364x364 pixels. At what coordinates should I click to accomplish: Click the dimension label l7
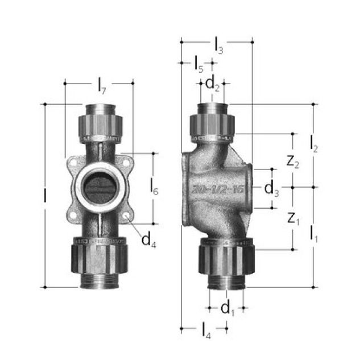(x=102, y=88)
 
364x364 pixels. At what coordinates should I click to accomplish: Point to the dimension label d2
(x=212, y=85)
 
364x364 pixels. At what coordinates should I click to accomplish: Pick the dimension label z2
(x=292, y=161)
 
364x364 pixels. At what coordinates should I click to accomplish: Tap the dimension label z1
(x=292, y=218)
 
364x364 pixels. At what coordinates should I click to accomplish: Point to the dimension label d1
(x=227, y=309)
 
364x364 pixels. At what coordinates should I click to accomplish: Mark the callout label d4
(x=149, y=240)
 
